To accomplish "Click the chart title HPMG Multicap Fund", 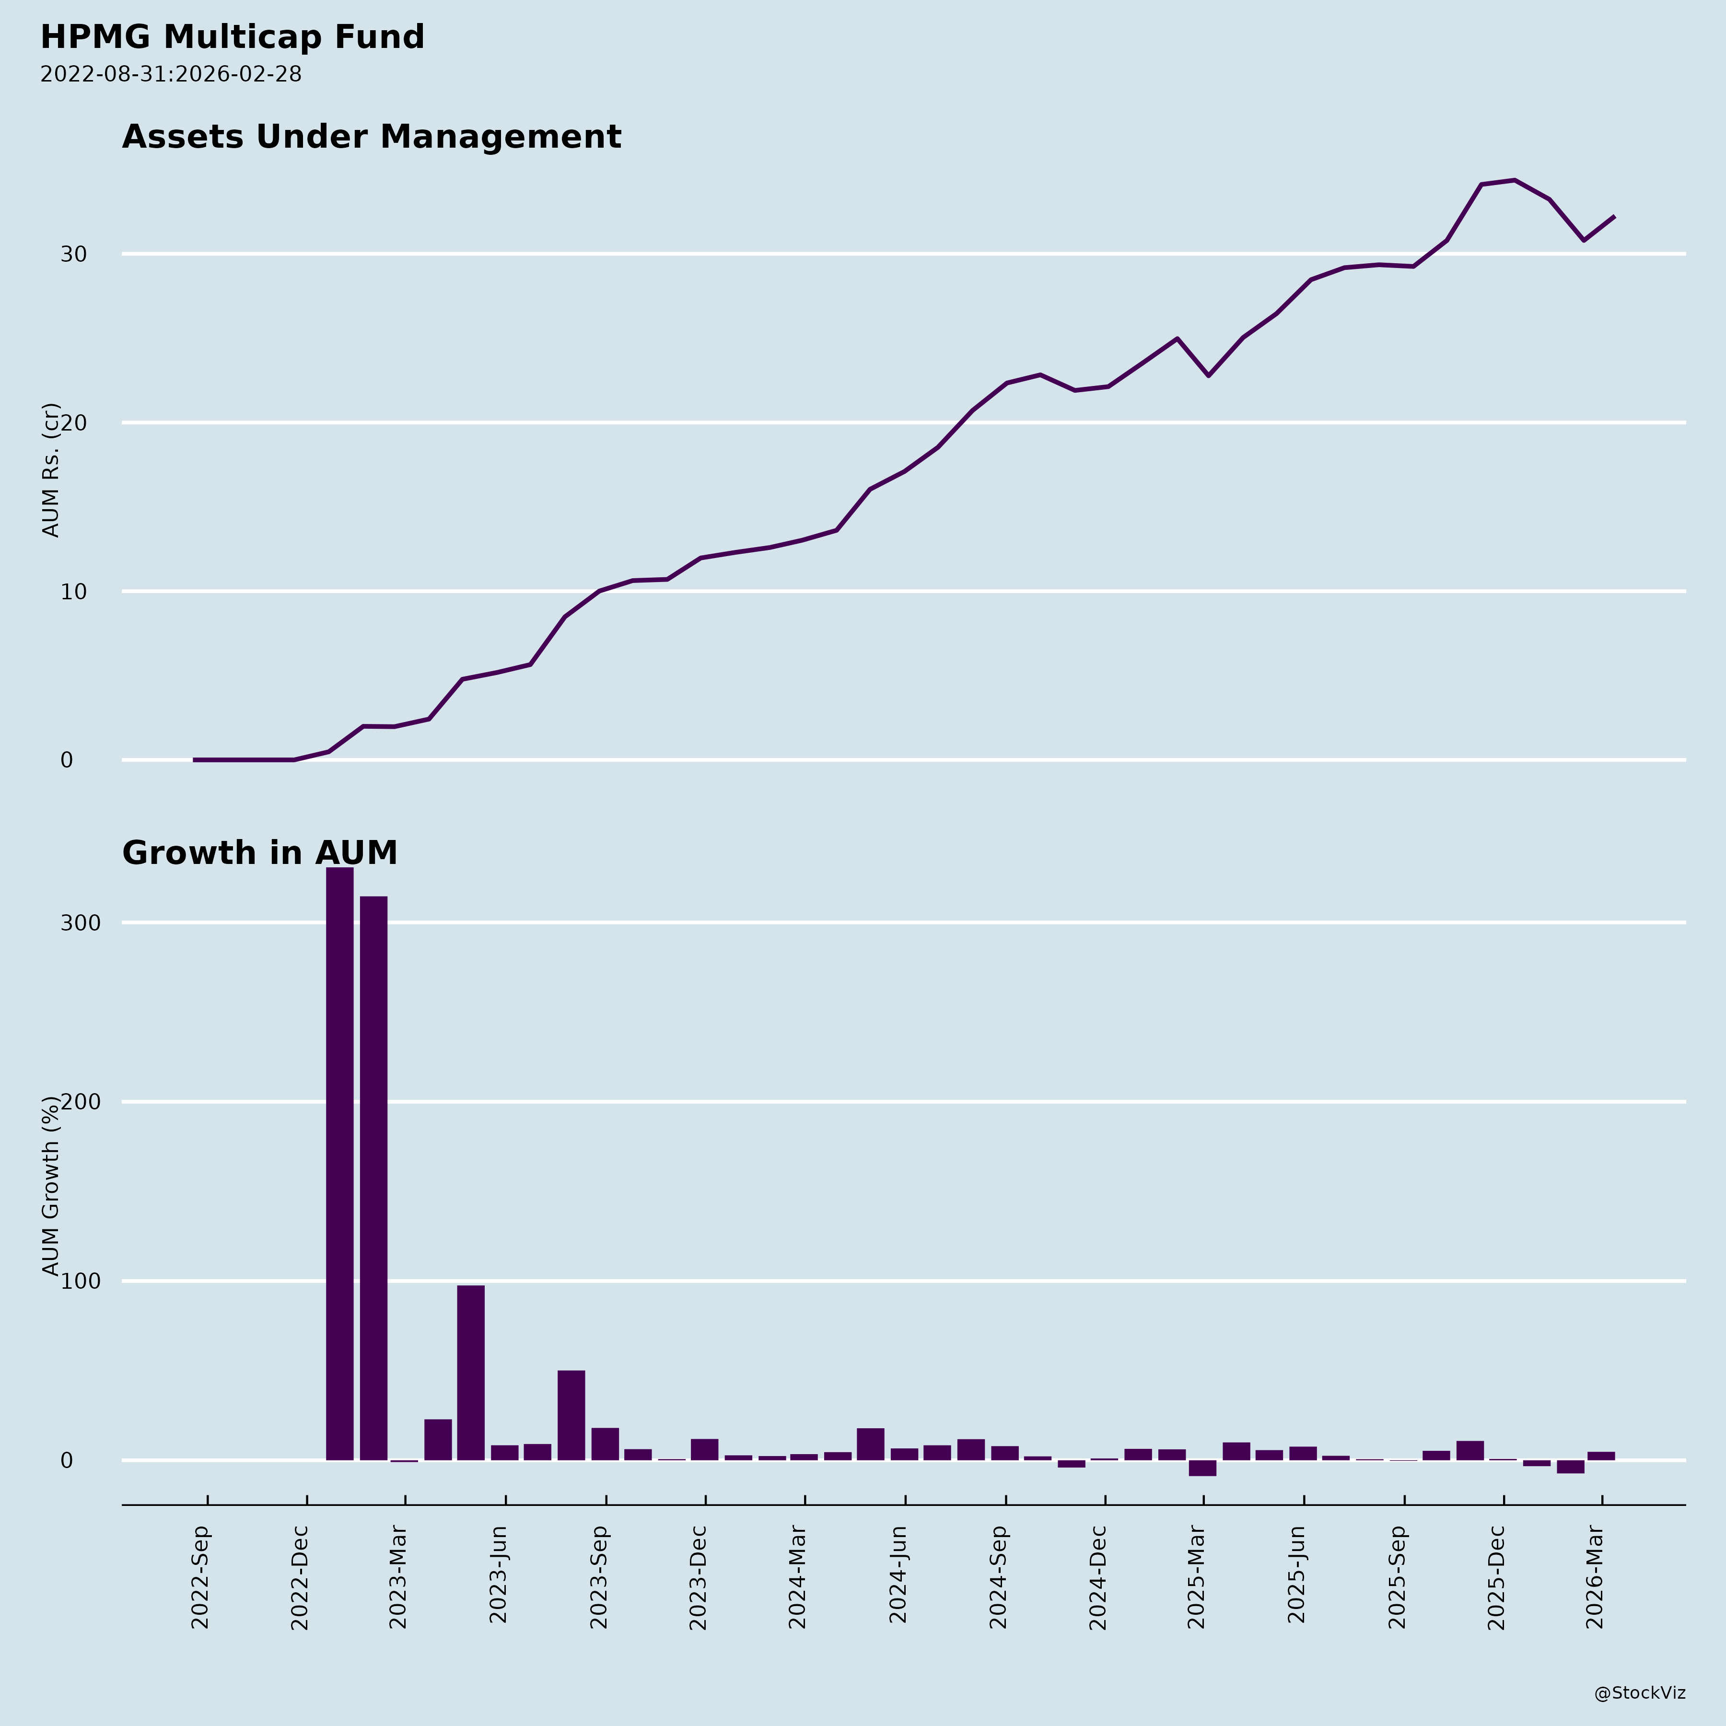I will pos(232,37).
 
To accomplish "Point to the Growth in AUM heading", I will pos(259,853).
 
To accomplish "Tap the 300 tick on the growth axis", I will pos(80,923).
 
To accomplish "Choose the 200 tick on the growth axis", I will pos(80,1102).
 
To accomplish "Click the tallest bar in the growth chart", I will pos(339,1161).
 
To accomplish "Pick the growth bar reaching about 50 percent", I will pos(571,1415).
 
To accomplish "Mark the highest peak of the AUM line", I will pos(1514,180).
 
